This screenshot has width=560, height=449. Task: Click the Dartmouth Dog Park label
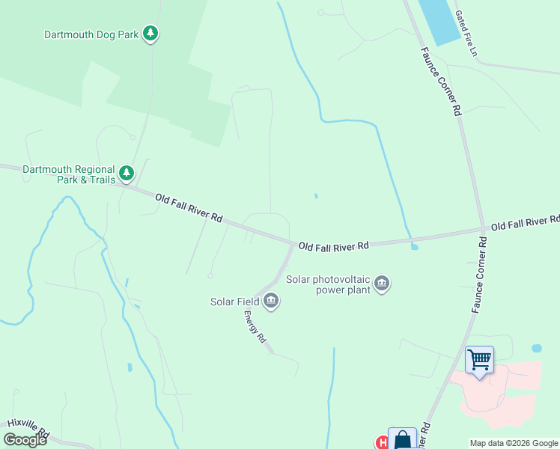91,34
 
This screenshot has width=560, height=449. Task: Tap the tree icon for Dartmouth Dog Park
151,33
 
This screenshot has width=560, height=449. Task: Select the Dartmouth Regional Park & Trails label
69,174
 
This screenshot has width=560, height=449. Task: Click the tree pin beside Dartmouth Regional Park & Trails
127,173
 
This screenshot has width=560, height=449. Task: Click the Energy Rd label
255,328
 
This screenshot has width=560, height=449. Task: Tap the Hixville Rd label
28,430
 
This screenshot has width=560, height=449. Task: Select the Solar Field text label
234,302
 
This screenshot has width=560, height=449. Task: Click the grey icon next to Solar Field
271,302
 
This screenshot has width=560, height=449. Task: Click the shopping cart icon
479,359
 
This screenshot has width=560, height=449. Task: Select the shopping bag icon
402,439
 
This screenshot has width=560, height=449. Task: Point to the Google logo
25,440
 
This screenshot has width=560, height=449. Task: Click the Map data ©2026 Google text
514,443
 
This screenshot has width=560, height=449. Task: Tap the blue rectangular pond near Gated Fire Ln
439,20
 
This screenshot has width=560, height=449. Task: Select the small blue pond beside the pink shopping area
536,349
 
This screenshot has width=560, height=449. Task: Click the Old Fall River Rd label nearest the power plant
334,245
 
